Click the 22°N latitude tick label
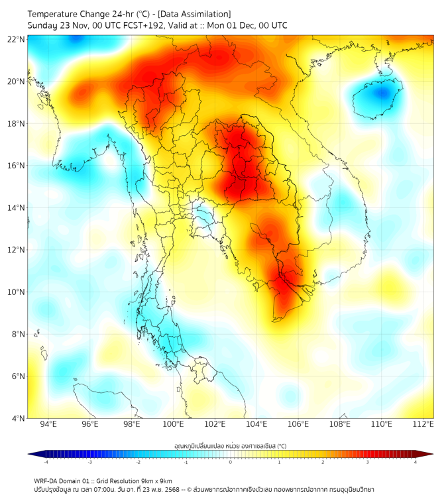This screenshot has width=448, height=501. (17, 40)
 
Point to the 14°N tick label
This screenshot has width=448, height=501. (17, 208)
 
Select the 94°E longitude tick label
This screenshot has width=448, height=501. (48, 424)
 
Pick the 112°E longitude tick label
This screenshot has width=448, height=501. (423, 424)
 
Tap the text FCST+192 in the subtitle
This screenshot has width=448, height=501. (142, 25)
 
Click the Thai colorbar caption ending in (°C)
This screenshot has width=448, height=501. (230, 446)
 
